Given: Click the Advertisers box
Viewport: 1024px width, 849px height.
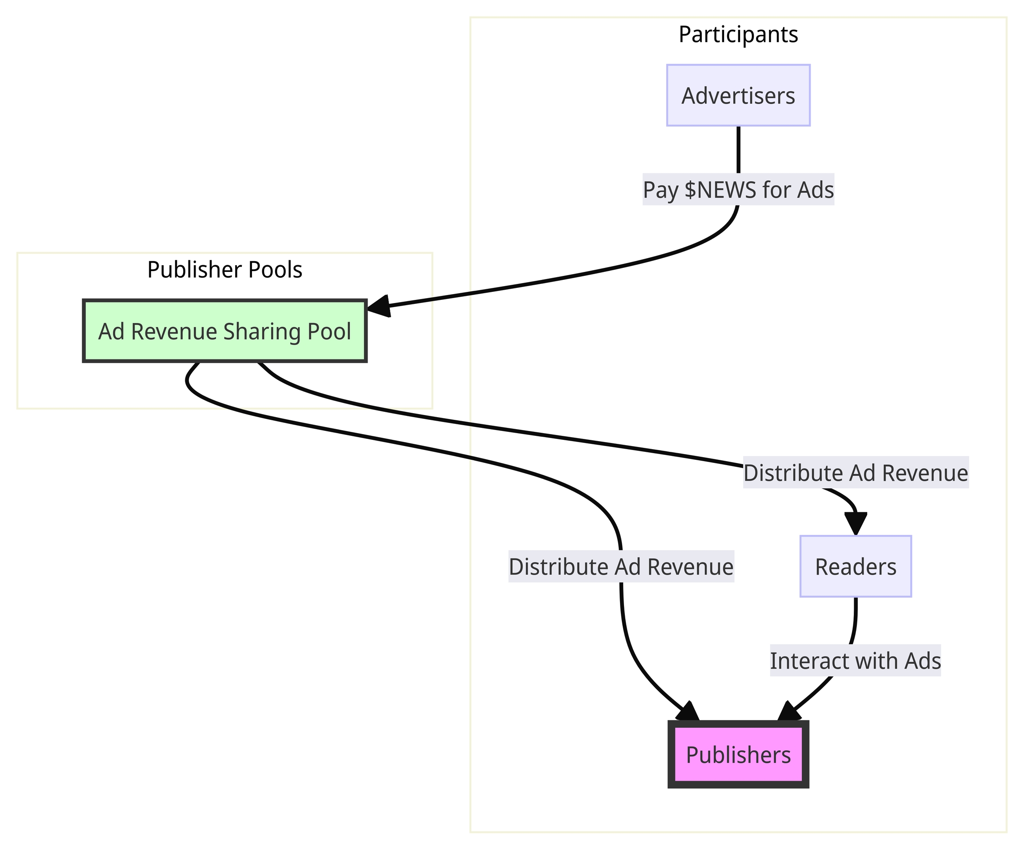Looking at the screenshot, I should [x=738, y=96].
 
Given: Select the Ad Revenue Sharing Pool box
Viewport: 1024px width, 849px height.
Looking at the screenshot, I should [x=225, y=331].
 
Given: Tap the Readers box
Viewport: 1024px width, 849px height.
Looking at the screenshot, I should [x=856, y=567].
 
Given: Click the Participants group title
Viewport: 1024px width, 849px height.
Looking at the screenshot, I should [x=738, y=35].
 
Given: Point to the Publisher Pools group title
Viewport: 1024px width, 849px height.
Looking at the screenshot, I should [x=225, y=270].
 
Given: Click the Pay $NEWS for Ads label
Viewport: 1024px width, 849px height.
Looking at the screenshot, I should [x=738, y=190].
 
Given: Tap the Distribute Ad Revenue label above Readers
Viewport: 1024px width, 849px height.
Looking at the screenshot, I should [x=856, y=473].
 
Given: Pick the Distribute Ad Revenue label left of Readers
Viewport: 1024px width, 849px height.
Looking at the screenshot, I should [x=621, y=567].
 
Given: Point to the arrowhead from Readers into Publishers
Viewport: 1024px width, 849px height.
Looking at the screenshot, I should [x=788, y=712].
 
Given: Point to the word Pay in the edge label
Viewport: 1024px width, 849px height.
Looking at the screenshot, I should [x=661, y=190].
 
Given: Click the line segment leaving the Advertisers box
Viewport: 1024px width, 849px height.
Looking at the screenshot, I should [x=738, y=149].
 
